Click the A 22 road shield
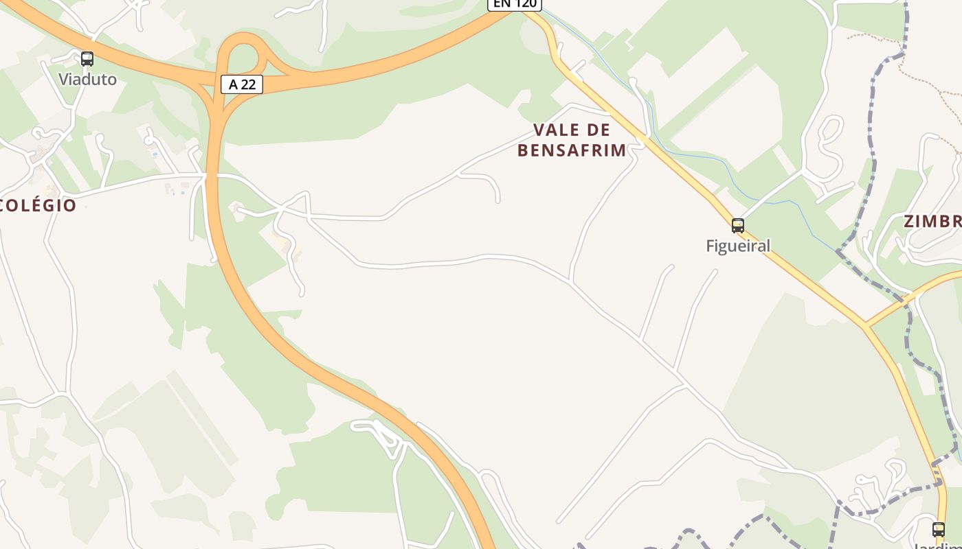pyautogui.click(x=242, y=84)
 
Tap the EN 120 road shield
pyautogui.click(x=515, y=3)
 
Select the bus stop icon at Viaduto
pyautogui.click(x=87, y=59)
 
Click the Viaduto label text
pyautogui.click(x=87, y=79)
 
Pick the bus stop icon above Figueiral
pyautogui.click(x=737, y=225)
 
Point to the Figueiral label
pyautogui.click(x=738, y=245)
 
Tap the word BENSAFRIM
pyautogui.click(x=572, y=150)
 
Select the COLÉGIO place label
pyautogui.click(x=38, y=205)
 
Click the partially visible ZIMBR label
pyautogui.click(x=932, y=221)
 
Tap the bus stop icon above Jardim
pyautogui.click(x=938, y=529)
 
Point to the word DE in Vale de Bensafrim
pyautogui.click(x=600, y=130)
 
